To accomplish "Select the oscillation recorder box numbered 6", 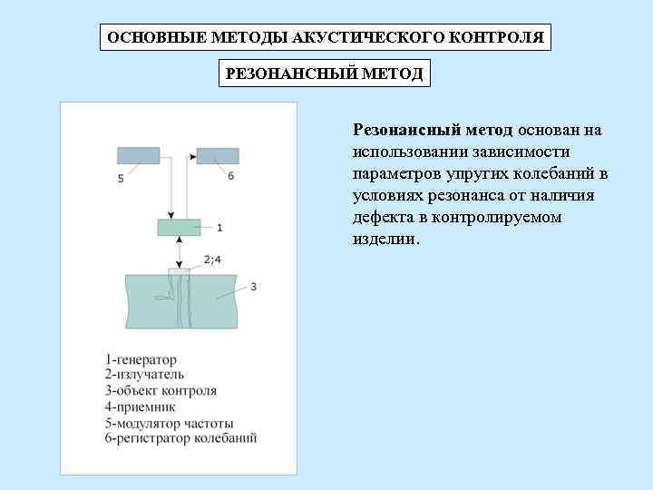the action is point(218,155).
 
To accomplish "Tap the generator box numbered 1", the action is point(179,227).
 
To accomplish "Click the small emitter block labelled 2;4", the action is point(179,270).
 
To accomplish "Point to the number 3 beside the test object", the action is point(254,287).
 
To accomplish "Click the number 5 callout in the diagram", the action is point(121,179).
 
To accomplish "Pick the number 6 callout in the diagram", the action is point(230,175).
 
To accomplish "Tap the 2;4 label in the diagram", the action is point(212,260).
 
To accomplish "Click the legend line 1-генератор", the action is point(141,360).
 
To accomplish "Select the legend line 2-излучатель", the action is point(144,374).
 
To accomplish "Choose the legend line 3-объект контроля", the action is point(161,391).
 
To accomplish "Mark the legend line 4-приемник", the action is point(140,407).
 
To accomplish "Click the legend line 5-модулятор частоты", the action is point(169,423).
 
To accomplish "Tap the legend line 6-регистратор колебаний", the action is point(180,438).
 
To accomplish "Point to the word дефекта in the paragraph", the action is point(379,218).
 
